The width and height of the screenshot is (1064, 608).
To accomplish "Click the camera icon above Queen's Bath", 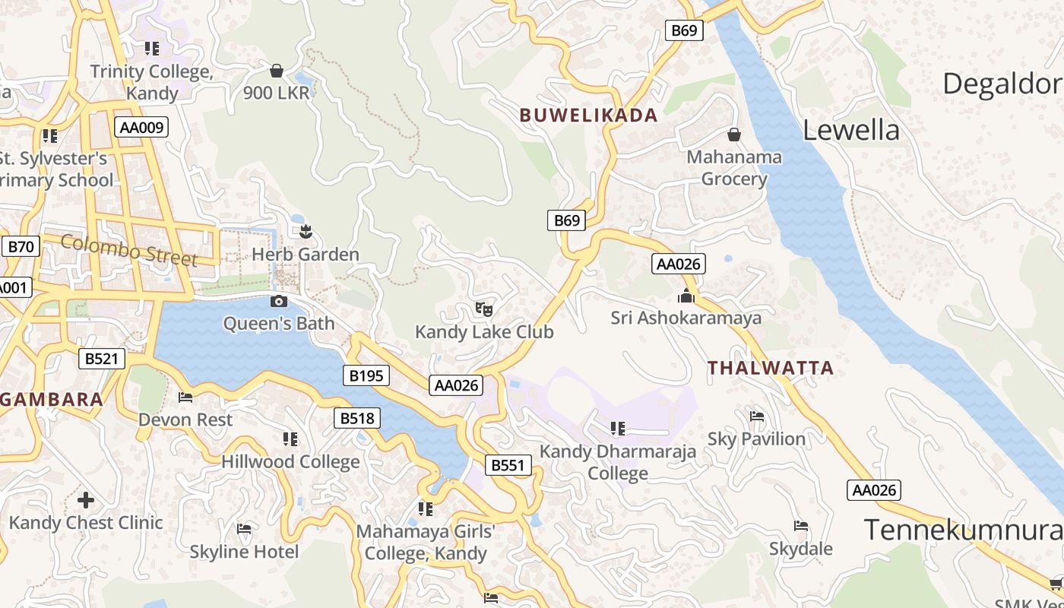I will [279, 301].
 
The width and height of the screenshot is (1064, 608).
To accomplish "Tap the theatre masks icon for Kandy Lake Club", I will [484, 309].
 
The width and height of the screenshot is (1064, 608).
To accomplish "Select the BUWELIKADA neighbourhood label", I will [588, 116].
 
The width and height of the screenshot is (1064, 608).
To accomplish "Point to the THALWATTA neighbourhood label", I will [771, 369].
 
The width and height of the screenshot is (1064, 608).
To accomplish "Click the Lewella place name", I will [850, 131].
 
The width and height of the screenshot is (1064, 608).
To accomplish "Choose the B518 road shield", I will [357, 417].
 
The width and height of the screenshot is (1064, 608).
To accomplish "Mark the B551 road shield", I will [508, 465].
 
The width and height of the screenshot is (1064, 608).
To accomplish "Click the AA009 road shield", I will [141, 127].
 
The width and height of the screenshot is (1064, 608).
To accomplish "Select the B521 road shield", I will [102, 359].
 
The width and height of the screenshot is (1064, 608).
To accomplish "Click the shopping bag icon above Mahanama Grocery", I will [734, 135].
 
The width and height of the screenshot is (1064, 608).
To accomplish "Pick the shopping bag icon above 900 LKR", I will [277, 71].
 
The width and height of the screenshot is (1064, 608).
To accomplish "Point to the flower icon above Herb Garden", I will [306, 231].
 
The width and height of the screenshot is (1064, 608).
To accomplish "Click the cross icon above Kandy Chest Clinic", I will [86, 500].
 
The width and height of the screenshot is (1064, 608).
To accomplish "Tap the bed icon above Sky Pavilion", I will [757, 416].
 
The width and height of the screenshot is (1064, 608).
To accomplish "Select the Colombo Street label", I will [129, 250].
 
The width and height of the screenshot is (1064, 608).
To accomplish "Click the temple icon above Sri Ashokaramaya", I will [686, 296].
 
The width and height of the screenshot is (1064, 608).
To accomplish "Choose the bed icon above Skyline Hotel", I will [244, 529].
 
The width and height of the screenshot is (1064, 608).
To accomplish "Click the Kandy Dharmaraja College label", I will [618, 462].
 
